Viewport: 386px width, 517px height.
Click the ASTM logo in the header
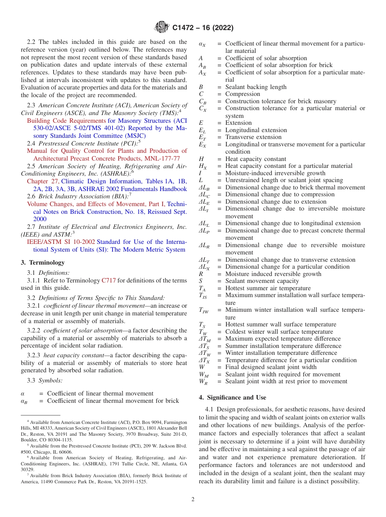click(162, 28)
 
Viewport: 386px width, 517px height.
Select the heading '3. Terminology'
click(43, 263)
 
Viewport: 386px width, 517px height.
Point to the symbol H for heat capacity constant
click(201, 159)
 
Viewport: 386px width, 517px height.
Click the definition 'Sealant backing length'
click(256, 87)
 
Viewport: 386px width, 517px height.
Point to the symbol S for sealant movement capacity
click(201, 281)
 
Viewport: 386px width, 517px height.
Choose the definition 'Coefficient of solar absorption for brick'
click(279, 65)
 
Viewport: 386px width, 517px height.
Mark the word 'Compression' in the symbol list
click(243, 94)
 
